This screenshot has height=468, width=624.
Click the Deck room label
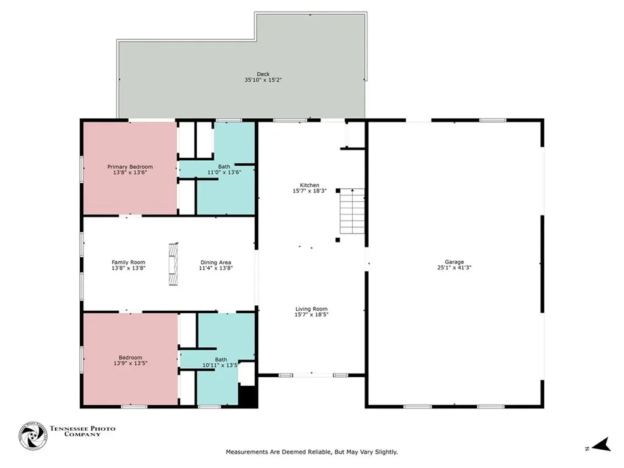click(x=263, y=74)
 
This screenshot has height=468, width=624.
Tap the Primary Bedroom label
click(x=130, y=167)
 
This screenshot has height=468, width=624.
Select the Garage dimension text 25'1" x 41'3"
click(x=454, y=268)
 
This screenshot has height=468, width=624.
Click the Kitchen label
click(x=310, y=185)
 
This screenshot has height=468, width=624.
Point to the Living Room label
click(x=311, y=309)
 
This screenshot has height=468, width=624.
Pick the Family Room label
click(x=128, y=262)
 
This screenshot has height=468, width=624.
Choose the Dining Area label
click(x=216, y=262)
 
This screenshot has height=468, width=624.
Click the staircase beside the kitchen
click(x=352, y=211)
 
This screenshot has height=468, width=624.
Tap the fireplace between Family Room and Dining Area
click(x=173, y=264)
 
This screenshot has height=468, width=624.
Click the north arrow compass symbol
click(x=603, y=444)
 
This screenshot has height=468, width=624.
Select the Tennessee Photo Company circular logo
click(x=33, y=436)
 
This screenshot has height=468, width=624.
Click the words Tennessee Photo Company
click(x=82, y=431)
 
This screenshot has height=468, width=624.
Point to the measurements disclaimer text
click(x=311, y=452)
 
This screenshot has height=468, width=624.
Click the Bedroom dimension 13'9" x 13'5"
click(x=130, y=363)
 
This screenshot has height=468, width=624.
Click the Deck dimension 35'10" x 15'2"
click(x=263, y=80)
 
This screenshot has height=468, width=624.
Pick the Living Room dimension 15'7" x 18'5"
click(x=311, y=315)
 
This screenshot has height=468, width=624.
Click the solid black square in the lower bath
click(x=247, y=396)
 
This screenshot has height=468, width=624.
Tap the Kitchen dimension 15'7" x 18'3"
click(x=310, y=191)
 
